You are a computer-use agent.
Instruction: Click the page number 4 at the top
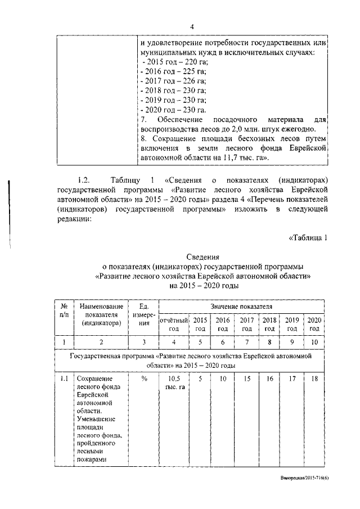pyautogui.click(x=192, y=26)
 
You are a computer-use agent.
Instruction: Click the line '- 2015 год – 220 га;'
pyautogui.click(x=174, y=61)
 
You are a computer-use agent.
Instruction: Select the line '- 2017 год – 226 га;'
pyautogui.click(x=174, y=80)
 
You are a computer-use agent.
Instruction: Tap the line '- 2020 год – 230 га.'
pyautogui.click(x=174, y=110)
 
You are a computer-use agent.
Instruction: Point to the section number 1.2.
pyautogui.click(x=84, y=180)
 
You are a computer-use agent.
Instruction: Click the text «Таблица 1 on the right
pyautogui.click(x=308, y=236)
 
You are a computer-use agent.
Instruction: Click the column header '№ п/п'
pyautogui.click(x=64, y=310)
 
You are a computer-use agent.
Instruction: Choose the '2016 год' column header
pyautogui.click(x=223, y=324)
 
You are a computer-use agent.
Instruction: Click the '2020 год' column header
pyautogui.click(x=314, y=324)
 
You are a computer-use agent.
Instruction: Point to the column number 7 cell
pyautogui.click(x=246, y=342)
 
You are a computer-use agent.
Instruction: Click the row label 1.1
pyautogui.click(x=64, y=379)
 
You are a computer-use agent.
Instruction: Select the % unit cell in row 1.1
pyautogui.click(x=144, y=379)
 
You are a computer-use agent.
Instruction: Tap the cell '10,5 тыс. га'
pyautogui.click(x=174, y=383)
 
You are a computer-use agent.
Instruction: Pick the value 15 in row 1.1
pyautogui.click(x=246, y=379)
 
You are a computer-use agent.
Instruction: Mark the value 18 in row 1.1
pyautogui.click(x=314, y=379)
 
